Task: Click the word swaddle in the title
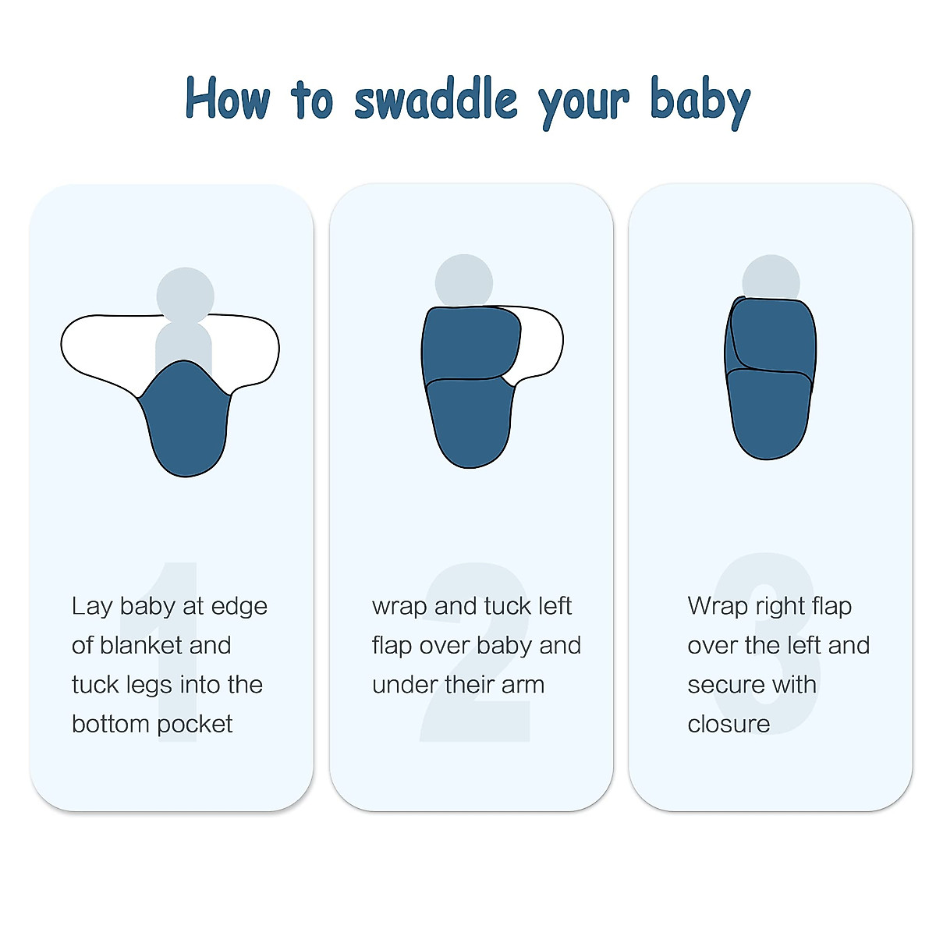(435, 100)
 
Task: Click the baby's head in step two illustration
(463, 279)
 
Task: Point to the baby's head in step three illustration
(771, 278)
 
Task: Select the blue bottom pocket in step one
(186, 425)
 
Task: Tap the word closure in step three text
(729, 724)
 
